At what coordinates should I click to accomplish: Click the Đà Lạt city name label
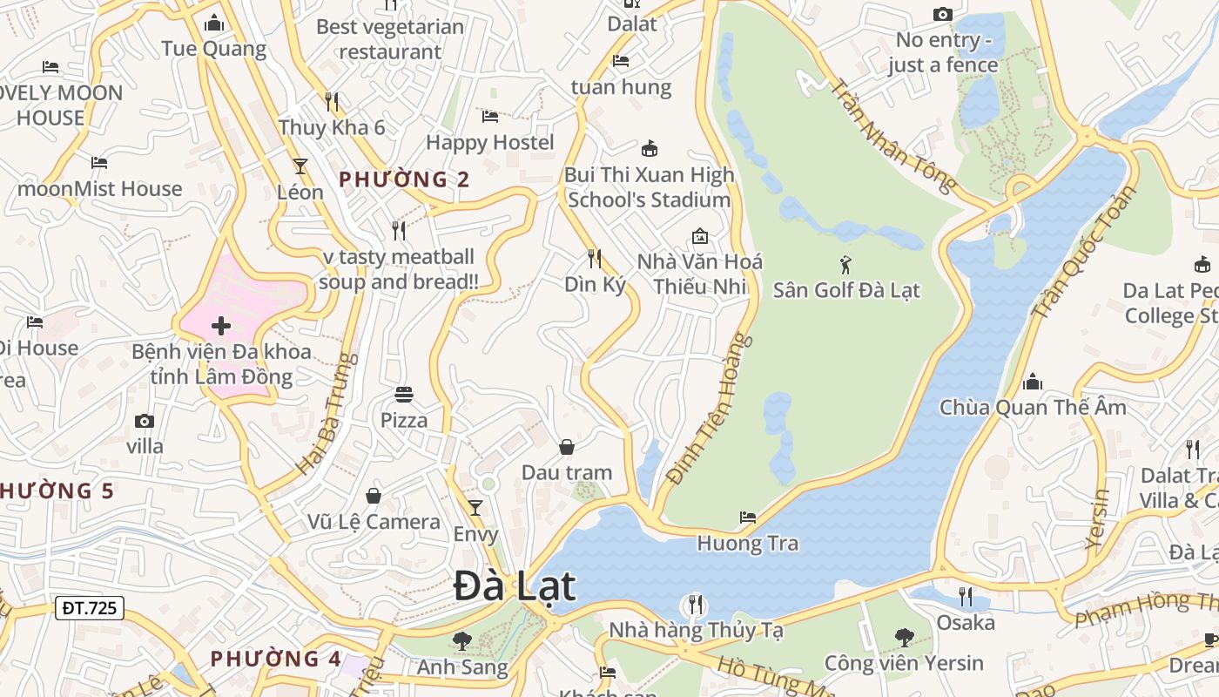click(x=515, y=586)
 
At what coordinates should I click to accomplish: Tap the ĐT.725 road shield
click(x=90, y=607)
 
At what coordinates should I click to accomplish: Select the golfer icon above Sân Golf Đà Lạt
click(x=845, y=264)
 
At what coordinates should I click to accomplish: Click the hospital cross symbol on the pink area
click(x=221, y=326)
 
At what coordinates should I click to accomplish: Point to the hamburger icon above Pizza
click(x=403, y=395)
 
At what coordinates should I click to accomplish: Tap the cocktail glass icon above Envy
click(x=475, y=507)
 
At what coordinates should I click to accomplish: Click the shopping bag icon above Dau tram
click(x=567, y=447)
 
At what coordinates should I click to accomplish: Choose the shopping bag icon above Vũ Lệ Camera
click(x=374, y=496)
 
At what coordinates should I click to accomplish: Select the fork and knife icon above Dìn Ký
click(x=595, y=258)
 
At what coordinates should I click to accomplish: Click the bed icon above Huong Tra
click(x=747, y=517)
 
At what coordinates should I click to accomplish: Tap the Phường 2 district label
click(x=404, y=179)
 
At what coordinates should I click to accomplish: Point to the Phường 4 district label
click(x=276, y=658)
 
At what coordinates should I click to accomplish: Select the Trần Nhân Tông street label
click(x=893, y=134)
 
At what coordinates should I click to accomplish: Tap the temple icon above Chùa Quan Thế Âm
click(x=1033, y=382)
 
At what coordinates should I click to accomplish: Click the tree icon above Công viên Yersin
click(x=904, y=638)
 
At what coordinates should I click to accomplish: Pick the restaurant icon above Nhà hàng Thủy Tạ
click(x=695, y=604)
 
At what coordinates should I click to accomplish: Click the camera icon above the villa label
click(x=145, y=422)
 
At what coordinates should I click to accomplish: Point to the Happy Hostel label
click(x=489, y=142)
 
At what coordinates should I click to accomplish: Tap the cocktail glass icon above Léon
click(x=300, y=166)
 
